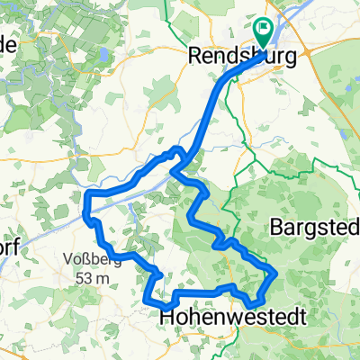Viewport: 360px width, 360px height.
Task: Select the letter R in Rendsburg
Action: pos(195,56)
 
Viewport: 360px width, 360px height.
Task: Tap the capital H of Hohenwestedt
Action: pos(166,317)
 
